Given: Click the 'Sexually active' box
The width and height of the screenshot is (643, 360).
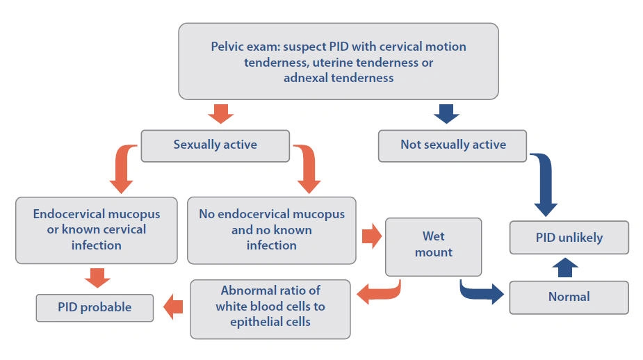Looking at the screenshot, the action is coord(215,146).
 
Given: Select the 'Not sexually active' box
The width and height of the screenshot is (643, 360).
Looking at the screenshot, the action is coord(453,146).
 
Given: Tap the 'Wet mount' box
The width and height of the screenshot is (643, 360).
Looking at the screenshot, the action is coord(434,247).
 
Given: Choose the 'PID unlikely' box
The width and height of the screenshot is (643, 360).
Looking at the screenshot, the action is coord(569,238).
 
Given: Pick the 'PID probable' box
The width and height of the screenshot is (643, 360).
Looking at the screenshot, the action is coord(95,307).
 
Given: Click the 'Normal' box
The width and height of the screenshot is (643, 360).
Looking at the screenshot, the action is coord(569,297).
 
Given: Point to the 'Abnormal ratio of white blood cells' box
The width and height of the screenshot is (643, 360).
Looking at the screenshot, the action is coord(270,309).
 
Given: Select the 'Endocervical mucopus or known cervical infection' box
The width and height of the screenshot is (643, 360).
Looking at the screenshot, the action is coord(97,230).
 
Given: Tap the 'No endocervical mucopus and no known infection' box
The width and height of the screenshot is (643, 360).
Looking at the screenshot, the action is coord(272,230).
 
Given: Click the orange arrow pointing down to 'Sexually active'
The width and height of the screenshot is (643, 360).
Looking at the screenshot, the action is coord(220,114).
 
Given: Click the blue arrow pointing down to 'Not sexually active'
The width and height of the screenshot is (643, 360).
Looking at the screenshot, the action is coord(446,114).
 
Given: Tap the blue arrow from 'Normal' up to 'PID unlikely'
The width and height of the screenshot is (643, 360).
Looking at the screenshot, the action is coord(565,268).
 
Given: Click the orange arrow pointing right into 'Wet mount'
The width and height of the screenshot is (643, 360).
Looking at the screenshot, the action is coord(372,236).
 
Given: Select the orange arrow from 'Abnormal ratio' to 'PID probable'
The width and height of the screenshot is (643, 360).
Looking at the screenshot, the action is coord(173,306).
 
